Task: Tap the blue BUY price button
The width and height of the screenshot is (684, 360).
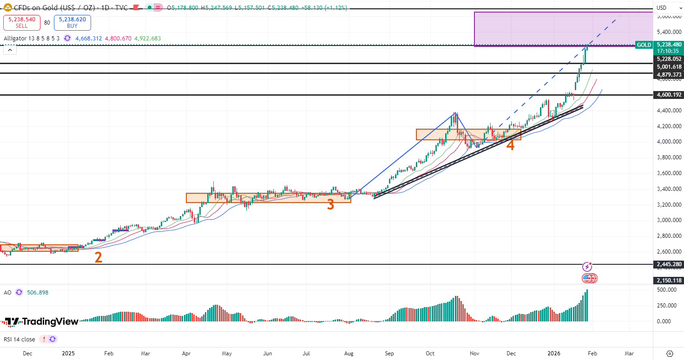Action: [x=72, y=23]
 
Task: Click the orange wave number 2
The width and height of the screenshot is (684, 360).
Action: [x=98, y=258]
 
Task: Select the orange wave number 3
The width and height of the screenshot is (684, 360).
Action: [x=330, y=204]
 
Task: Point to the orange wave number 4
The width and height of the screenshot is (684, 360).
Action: [x=510, y=145]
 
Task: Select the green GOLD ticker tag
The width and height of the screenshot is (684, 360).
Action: [x=644, y=45]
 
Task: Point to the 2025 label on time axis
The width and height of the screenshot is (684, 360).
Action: [x=68, y=353]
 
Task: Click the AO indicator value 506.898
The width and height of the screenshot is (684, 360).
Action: [x=37, y=293]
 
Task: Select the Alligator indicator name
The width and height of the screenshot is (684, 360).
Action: [x=16, y=39]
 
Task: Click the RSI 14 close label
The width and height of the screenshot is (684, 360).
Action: [x=19, y=339]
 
